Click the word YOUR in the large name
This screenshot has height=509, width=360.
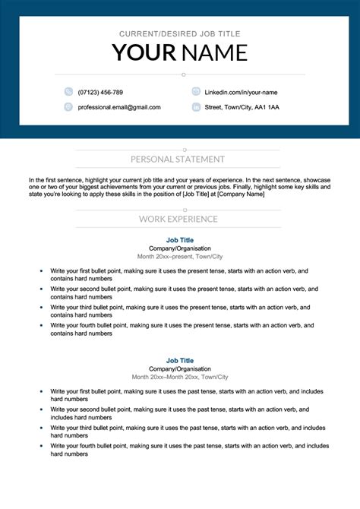[144, 52]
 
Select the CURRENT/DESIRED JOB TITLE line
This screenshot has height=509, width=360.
[179, 34]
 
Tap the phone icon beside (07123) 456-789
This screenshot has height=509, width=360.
[68, 92]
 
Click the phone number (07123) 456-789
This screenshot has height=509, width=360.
[100, 92]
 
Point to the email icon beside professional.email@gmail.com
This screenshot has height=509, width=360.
[68, 107]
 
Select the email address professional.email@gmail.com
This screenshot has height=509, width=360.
[119, 107]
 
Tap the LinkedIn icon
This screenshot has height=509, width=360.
[196, 92]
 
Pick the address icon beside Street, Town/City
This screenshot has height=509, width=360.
[196, 107]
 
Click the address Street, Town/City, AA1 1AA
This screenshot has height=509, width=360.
[242, 107]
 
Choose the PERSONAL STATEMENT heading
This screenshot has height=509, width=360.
[178, 160]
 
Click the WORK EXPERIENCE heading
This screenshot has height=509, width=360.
[178, 219]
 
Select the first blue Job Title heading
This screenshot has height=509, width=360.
[179, 240]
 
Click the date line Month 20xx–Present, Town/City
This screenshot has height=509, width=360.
[179, 257]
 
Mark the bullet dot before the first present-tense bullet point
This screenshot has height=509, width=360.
[41, 270]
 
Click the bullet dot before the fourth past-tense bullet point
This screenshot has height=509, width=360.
[41, 447]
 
